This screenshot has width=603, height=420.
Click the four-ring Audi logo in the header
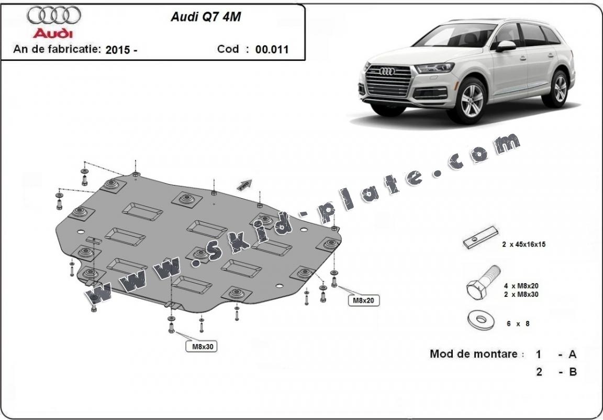point(54,16)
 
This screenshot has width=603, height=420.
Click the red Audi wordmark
point(53,34)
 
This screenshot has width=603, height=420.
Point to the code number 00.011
point(272,50)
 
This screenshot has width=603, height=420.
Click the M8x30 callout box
point(203,346)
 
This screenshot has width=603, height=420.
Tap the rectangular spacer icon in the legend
point(479,239)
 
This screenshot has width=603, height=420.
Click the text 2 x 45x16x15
point(524,244)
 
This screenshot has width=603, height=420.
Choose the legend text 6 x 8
point(518,324)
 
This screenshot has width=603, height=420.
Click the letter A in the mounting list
point(572,354)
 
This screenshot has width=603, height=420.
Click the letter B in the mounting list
point(572,372)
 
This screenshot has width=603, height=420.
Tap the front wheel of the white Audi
point(473,100)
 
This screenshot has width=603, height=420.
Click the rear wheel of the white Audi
point(560,88)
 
